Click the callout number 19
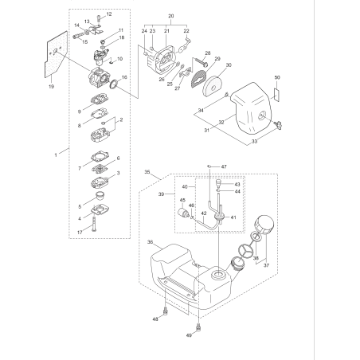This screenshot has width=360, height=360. (x=51, y=84)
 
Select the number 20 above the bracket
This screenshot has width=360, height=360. (x=170, y=17)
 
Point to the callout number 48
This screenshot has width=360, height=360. (x=155, y=319)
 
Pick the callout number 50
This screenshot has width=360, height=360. (x=278, y=77)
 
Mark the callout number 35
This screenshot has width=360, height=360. (x=147, y=170)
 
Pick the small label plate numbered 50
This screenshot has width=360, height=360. (x=277, y=92)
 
